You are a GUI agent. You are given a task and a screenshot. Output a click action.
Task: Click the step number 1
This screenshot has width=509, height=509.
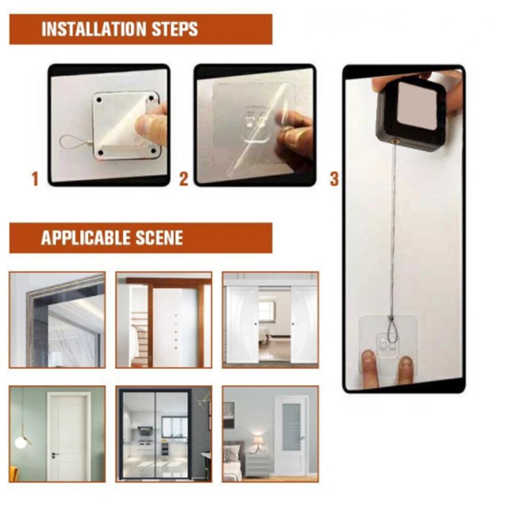pos(35,179)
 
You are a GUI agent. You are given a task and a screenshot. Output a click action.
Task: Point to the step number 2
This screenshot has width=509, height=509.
pos(184,179)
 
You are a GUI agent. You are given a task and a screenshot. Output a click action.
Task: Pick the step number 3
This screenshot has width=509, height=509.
pos(334,179)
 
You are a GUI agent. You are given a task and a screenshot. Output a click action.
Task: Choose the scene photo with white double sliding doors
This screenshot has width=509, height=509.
pos(270,320)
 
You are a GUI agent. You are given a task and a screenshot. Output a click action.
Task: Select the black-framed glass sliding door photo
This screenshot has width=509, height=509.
pos(163,434)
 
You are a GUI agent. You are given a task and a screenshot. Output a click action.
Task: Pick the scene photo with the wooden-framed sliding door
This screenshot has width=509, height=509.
pos(163,320)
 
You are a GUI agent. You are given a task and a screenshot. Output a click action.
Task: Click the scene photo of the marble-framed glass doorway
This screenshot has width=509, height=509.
pos(57,320)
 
